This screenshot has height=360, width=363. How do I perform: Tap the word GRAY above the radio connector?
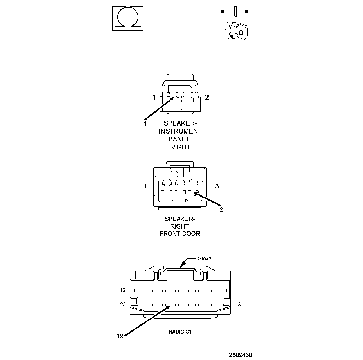pyautogui.click(x=205, y=258)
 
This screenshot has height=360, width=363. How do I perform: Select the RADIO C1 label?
pyautogui.click(x=180, y=332)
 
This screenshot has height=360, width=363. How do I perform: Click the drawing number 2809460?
pyautogui.click(x=241, y=355)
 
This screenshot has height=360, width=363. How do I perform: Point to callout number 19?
pyautogui.click(x=120, y=336)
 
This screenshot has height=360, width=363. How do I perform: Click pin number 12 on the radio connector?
pyautogui.click(x=122, y=290)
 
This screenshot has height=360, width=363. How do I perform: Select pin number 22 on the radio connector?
pyautogui.click(x=122, y=305)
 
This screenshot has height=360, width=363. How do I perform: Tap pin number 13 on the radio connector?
pyautogui.click(x=238, y=305)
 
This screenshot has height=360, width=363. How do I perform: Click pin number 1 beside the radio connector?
pyautogui.click(x=237, y=290)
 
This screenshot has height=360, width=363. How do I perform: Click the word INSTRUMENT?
pyautogui.click(x=180, y=131)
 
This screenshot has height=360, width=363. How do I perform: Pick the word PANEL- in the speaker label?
pyautogui.click(x=180, y=139)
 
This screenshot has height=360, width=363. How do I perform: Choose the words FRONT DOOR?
pyautogui.click(x=180, y=234)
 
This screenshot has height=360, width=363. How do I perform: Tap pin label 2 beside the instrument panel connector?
pyautogui.click(x=207, y=97)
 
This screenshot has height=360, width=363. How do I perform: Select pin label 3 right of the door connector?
pyautogui.click(x=217, y=186)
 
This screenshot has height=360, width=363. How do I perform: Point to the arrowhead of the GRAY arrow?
pyautogui.click(x=181, y=266)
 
